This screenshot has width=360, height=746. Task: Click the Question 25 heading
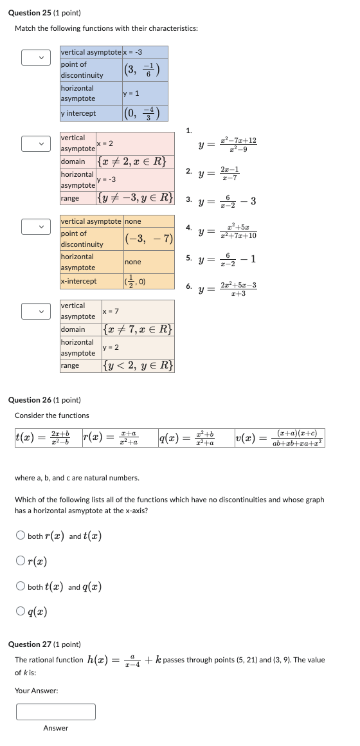(44, 13)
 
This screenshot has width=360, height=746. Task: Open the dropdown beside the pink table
(35, 143)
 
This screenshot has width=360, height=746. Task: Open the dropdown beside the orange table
(35, 226)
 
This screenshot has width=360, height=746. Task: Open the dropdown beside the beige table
(35, 311)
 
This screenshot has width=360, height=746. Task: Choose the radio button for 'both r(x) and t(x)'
(21, 536)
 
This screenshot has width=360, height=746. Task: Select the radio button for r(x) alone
(21, 561)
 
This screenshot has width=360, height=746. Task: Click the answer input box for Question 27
(56, 712)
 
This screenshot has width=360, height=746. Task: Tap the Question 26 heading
(44, 400)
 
